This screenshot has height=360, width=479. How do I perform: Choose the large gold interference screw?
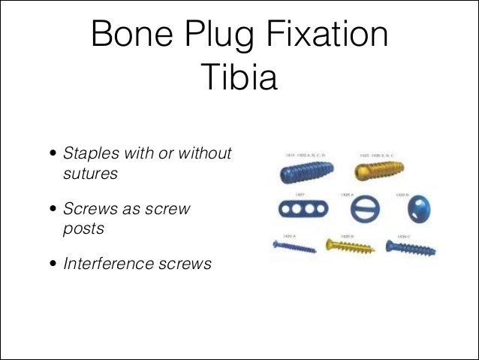pyautogui.click(x=378, y=171)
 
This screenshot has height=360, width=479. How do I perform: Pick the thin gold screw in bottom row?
pyautogui.click(x=350, y=245)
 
